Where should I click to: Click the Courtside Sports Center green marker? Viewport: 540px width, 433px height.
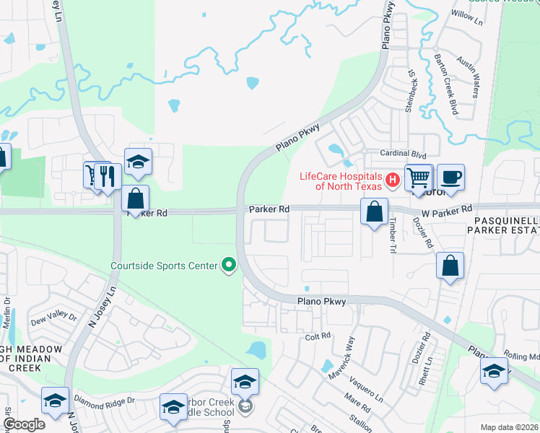(x=230, y=266)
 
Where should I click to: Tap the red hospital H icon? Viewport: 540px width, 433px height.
(x=393, y=180)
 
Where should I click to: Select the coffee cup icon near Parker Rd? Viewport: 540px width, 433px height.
(x=450, y=178)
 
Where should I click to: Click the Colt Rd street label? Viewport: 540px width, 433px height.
(x=318, y=336)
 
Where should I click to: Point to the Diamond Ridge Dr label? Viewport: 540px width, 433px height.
(x=105, y=400)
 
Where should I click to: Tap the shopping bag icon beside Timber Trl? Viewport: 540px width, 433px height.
(x=374, y=212)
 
